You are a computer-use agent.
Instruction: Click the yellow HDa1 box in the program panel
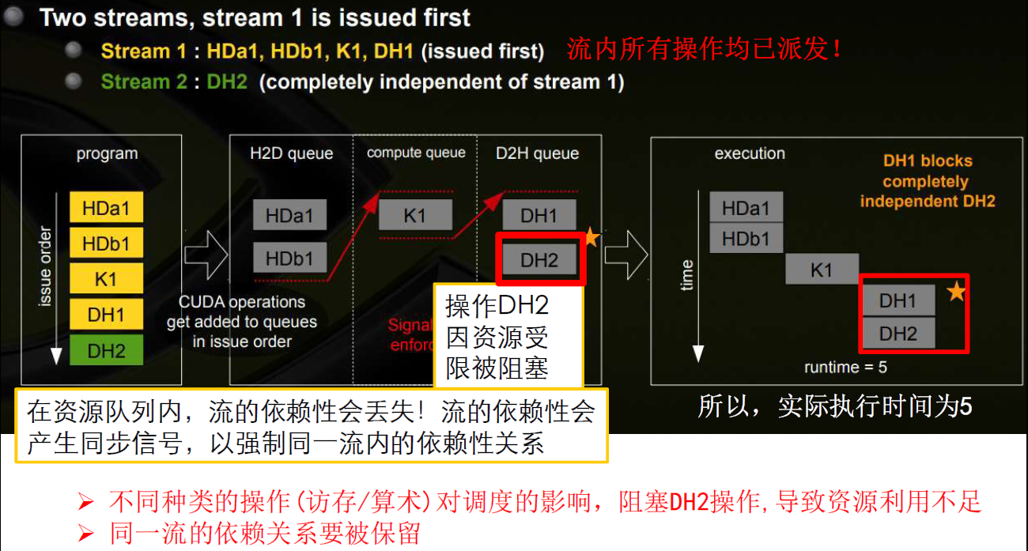[106, 209]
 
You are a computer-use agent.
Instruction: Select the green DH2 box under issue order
[106, 350]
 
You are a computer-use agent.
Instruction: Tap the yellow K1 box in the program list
[106, 279]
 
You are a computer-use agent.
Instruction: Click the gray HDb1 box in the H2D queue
[289, 258]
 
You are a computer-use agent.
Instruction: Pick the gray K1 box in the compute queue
[415, 215]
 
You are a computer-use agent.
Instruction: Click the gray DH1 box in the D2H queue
[539, 215]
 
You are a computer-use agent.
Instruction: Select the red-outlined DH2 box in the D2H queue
[539, 259]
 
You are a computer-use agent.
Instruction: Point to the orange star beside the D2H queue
[591, 236]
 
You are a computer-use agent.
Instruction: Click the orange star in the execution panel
[956, 291]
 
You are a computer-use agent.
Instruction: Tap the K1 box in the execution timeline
[822, 270]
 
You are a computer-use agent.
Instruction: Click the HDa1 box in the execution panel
[746, 208]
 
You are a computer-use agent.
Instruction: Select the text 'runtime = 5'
[845, 368]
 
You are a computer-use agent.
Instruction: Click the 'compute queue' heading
[416, 153]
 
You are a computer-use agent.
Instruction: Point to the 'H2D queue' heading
[291, 153]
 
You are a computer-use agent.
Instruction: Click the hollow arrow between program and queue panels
[206, 255]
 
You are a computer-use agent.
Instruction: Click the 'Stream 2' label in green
[135, 81]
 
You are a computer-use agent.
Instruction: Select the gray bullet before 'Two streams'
[15, 17]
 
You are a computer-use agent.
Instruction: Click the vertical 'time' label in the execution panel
[686, 275]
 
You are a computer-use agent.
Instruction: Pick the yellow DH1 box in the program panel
[106, 315]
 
